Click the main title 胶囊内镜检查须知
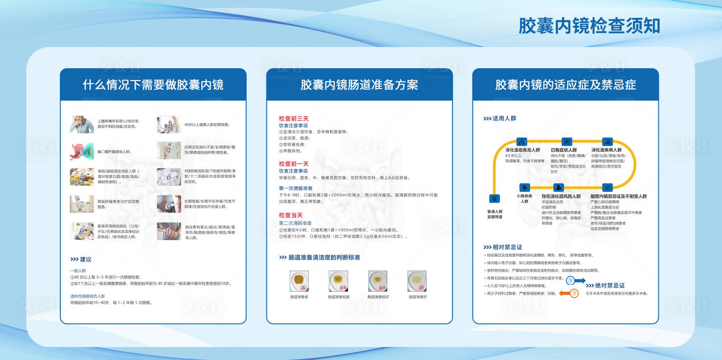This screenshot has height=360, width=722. (x=589, y=26)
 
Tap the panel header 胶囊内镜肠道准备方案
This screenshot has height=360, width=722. (x=359, y=85)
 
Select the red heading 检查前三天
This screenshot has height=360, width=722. (x=293, y=119)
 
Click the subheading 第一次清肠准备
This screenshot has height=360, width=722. (x=296, y=188)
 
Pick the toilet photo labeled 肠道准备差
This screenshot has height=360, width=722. (x=299, y=280)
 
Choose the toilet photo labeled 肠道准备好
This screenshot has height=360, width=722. (x=416, y=280)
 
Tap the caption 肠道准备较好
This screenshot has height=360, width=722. (x=378, y=297)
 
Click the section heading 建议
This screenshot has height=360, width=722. (x=85, y=259)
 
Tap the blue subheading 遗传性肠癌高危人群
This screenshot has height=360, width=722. (x=87, y=296)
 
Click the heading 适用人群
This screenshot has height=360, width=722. (x=504, y=119)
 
